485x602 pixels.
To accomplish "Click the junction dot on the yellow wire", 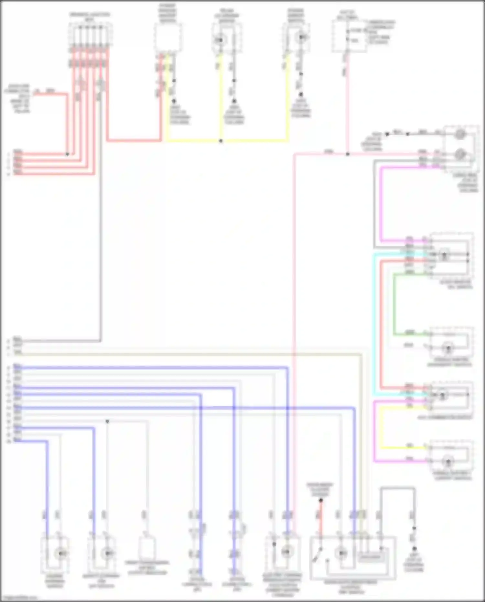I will (x=221, y=141).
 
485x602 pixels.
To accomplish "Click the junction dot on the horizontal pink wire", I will (x=348, y=154).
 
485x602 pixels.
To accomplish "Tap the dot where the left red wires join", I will (x=67, y=154).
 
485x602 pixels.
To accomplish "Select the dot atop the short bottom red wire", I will (x=321, y=500).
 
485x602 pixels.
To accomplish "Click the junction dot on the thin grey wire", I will (x=107, y=421).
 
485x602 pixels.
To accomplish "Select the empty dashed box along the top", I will (x=167, y=38).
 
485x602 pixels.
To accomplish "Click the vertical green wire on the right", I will (x=394, y=304).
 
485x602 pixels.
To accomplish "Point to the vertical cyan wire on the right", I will (x=374, y=323).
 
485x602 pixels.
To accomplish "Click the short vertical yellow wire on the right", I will (x=381, y=427).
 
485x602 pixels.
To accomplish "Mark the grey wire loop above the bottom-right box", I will (x=398, y=488).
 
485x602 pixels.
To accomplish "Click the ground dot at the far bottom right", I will (x=414, y=549).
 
